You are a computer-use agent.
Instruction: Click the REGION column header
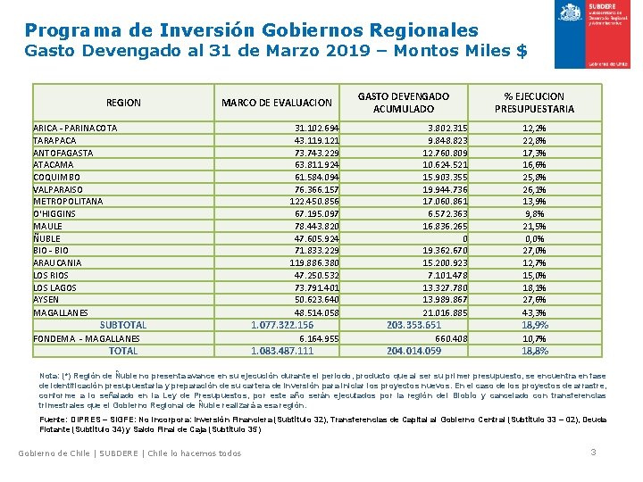(x=123, y=103)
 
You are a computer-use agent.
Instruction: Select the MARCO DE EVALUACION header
(x=276, y=103)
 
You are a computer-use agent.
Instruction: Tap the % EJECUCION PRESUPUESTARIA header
(x=534, y=103)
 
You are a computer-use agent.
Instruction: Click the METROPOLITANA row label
(x=68, y=202)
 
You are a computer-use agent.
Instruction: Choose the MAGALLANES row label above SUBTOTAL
(x=61, y=312)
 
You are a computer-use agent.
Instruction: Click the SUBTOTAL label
(x=123, y=325)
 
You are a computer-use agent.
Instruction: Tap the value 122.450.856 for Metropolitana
(x=314, y=202)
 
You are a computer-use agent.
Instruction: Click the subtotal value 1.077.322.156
(x=282, y=325)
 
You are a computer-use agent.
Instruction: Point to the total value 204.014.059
(x=414, y=351)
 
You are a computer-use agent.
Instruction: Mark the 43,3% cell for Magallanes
(x=534, y=312)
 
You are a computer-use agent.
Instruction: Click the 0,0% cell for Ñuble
(x=534, y=238)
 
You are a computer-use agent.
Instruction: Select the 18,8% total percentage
(x=534, y=351)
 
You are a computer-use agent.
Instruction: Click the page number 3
(x=593, y=453)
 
